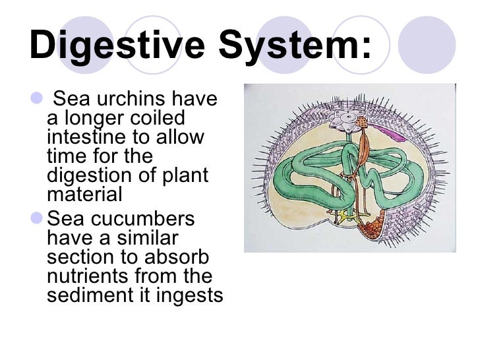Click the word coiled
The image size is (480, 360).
pyautogui.click(x=158, y=120)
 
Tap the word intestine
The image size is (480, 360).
pyautogui.click(x=91, y=138)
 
